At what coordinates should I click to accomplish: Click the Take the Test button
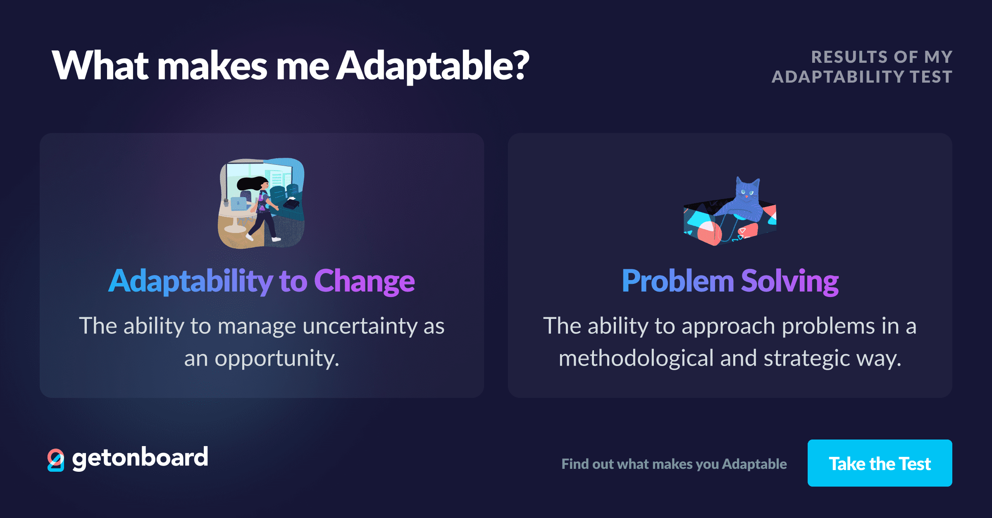point(880,463)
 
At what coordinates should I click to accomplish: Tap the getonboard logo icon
point(56,460)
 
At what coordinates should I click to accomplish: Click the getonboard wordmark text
point(140,458)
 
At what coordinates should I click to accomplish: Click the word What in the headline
point(100,65)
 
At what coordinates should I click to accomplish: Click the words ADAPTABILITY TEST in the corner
point(862,77)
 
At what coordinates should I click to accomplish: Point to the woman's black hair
point(250,183)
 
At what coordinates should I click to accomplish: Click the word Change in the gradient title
point(364,281)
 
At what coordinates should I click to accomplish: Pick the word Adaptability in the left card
point(190,281)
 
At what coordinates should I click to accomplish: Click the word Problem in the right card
point(678,281)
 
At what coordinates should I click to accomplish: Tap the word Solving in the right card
point(789,281)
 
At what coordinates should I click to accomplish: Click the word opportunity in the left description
point(276,359)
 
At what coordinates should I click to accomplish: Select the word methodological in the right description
point(636,358)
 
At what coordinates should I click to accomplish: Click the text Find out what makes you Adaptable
point(674,464)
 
